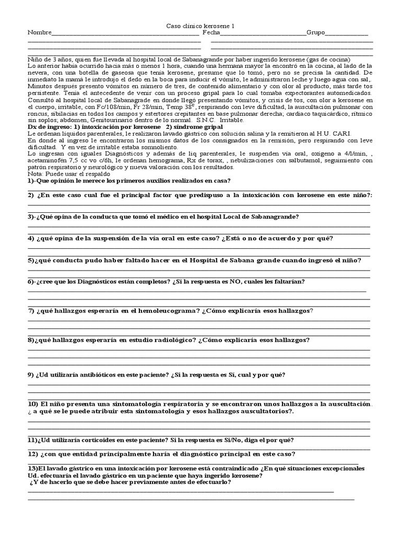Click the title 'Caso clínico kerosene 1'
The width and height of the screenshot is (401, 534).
pyautogui.click(x=200, y=26)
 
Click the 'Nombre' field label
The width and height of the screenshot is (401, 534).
pyautogui.click(x=40, y=32)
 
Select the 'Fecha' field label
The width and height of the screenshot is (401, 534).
pyautogui.click(x=211, y=32)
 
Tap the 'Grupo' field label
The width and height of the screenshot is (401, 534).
pyautogui.click(x=315, y=32)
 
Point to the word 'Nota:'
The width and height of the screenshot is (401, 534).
pyautogui.click(x=36, y=174)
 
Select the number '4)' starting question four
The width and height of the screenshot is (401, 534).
pyautogui.click(x=31, y=238)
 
